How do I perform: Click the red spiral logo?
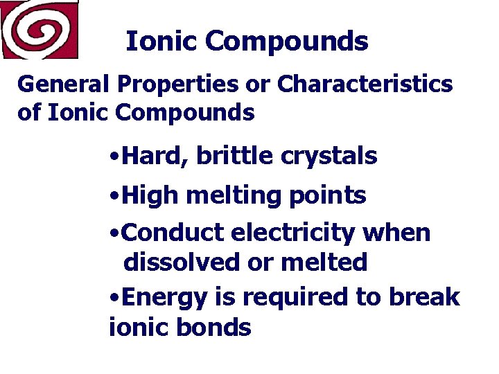pyautogui.click(x=39, y=29)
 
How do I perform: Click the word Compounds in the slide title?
pyautogui.click(x=286, y=42)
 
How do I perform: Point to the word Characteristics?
pyautogui.click(x=365, y=84)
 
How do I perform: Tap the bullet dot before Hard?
pyautogui.click(x=114, y=157)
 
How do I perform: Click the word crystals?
pyautogui.click(x=329, y=157)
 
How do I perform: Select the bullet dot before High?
pyautogui.click(x=114, y=197)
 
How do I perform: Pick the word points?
pyautogui.click(x=327, y=197)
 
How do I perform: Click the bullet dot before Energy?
pyautogui.click(x=114, y=299)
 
